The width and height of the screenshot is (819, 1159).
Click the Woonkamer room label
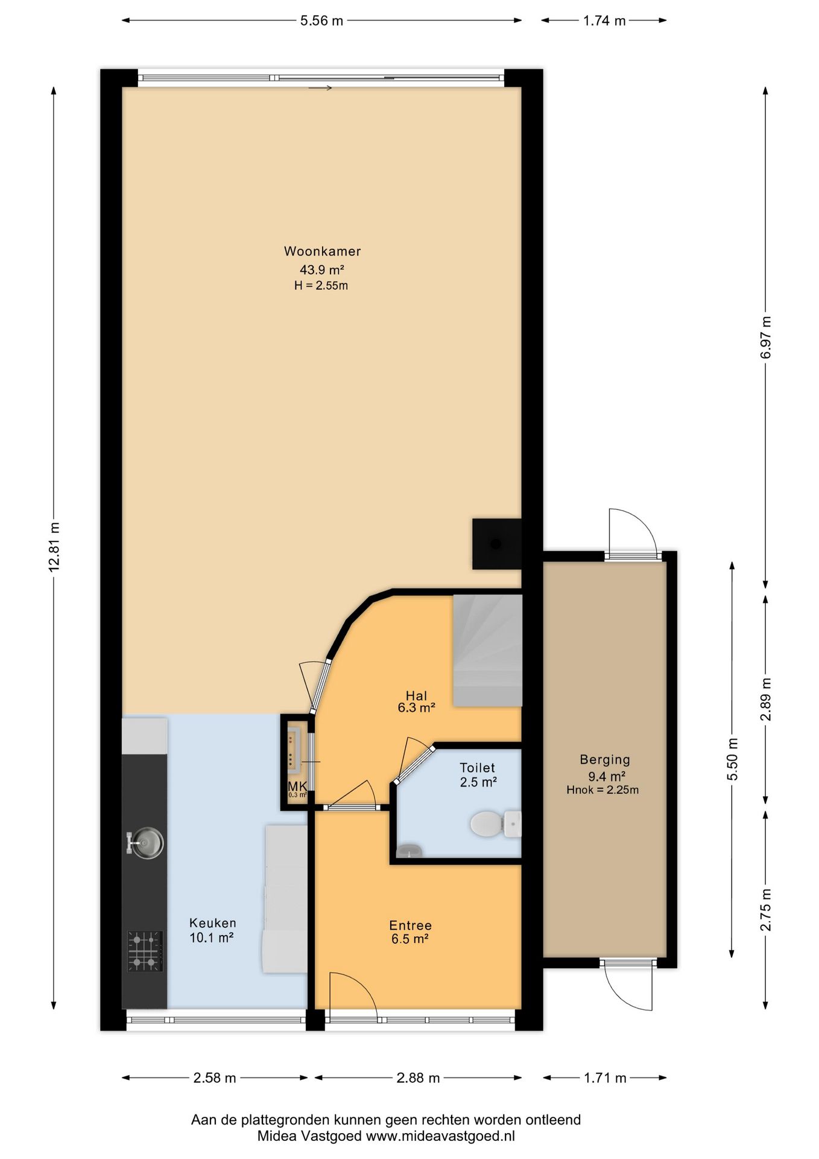pos(323,251)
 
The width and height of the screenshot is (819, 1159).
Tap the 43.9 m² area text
pos(322,270)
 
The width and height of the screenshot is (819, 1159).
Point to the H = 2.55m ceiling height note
pos(321,286)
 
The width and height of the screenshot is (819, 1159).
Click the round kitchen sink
pos(145,842)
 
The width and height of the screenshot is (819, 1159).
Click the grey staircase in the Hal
pos(487,650)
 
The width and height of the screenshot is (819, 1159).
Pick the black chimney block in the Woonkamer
pos(496,544)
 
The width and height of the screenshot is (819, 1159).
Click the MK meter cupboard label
pos(297,786)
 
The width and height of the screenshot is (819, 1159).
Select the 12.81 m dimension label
pos(54,546)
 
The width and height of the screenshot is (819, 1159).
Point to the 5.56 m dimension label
pos(321,21)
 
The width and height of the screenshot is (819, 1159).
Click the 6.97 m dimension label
pos(765,337)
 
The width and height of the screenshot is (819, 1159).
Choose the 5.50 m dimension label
pos(732,759)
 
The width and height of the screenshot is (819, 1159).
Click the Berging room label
pos(605,760)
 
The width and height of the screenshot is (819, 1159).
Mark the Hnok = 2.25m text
pos(602,790)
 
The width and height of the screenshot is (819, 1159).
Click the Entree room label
pos(410,925)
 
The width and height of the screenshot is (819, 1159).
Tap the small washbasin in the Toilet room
pos(409,851)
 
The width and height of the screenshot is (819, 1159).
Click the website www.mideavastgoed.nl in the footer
pos(440,1136)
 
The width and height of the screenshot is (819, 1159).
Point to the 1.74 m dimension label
pos(604,21)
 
